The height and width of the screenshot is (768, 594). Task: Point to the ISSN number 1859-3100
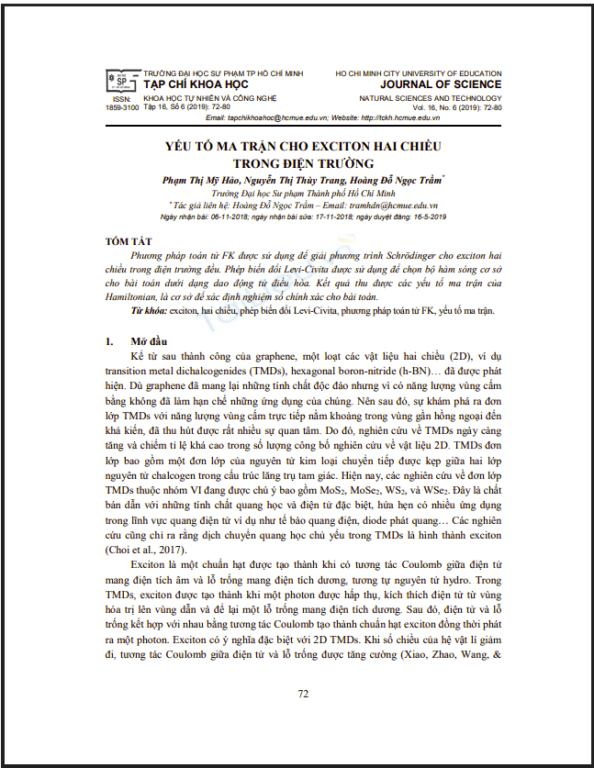(x=121, y=107)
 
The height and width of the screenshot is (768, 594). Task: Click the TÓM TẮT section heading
(x=127, y=241)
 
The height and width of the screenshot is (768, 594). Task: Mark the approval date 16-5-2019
(x=424, y=217)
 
